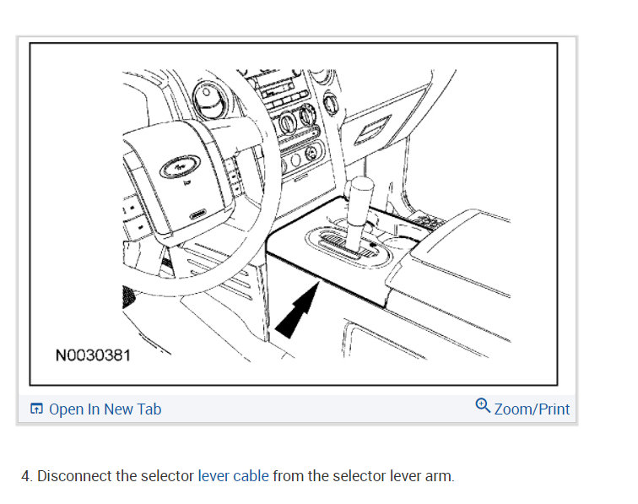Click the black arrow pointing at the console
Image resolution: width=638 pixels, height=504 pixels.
(295, 313)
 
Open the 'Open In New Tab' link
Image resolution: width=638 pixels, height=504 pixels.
(105, 409)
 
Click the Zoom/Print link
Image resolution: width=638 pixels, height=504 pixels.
(532, 409)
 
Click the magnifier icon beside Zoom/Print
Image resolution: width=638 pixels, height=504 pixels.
(483, 406)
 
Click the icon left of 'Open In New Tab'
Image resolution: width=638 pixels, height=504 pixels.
(36, 409)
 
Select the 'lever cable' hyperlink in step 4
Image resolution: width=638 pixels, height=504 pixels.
(233, 476)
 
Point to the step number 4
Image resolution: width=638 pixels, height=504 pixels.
(26, 476)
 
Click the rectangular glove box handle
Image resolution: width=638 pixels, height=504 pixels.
(371, 132)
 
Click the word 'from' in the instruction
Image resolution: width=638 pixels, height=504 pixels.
(289, 476)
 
